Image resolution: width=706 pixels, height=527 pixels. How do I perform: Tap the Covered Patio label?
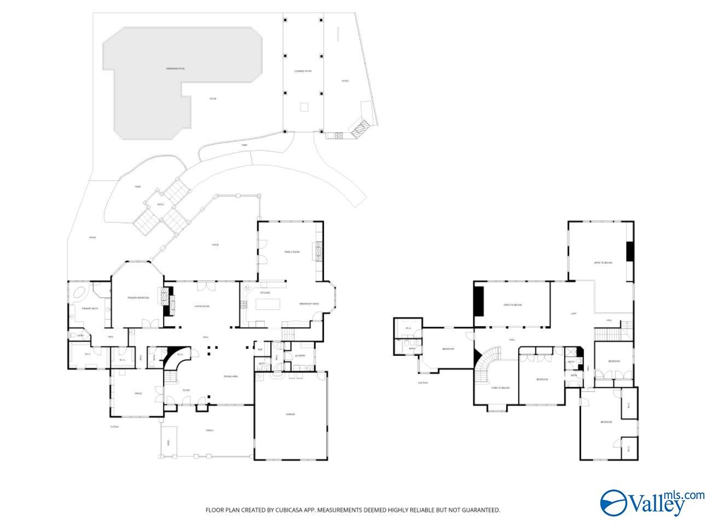pos(303,71)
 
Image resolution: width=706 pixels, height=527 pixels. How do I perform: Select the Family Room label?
pos(292,252)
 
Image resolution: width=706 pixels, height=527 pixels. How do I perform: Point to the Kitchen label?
pos(265,292)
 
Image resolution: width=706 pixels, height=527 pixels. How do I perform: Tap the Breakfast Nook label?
pos(309,303)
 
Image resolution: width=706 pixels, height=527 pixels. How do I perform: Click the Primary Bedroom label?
pos(138,297)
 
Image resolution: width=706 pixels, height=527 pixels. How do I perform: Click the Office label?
pos(138,393)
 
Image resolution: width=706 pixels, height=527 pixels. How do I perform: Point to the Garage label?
pos(290,414)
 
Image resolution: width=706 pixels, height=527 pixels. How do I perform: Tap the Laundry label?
pos(300,355)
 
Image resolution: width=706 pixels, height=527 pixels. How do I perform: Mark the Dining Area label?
pos(230,376)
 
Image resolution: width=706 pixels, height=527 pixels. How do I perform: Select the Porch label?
pos(210,430)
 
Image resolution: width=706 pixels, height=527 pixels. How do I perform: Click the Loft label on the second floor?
pos(574,314)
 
